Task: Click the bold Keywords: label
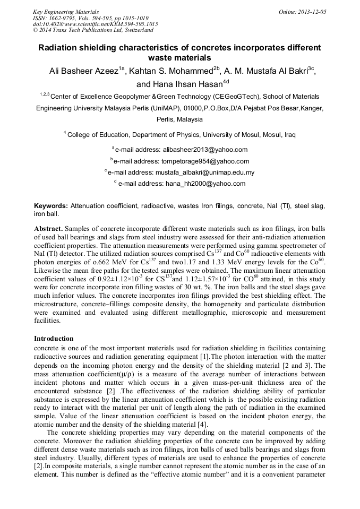51,205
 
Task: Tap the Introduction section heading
54,339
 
